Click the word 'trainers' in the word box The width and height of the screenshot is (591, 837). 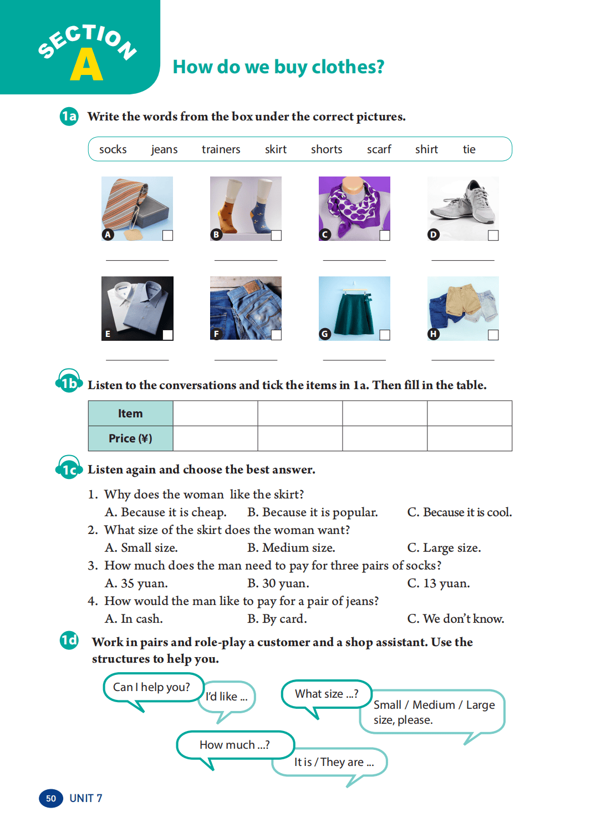click(x=221, y=149)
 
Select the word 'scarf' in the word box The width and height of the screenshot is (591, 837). click(x=379, y=149)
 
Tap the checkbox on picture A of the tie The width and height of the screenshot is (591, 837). click(x=167, y=235)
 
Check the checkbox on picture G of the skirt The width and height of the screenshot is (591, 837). click(x=385, y=335)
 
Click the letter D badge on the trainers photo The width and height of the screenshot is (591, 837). click(x=434, y=235)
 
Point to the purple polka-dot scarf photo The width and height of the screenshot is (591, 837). click(x=354, y=208)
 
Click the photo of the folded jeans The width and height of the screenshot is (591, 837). click(x=246, y=308)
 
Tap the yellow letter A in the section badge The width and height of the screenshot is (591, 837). click(x=86, y=65)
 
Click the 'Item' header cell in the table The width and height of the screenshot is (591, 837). click(x=130, y=414)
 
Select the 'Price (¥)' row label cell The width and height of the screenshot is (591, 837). click(x=130, y=438)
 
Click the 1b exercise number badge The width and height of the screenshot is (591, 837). click(x=69, y=383)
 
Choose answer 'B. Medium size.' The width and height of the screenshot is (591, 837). click(x=291, y=548)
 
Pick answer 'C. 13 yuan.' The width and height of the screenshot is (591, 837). click(x=438, y=583)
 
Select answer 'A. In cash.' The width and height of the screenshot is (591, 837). click(x=134, y=619)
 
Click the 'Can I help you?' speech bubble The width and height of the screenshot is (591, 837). click(x=151, y=687)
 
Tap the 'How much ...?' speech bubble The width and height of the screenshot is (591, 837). click(x=235, y=745)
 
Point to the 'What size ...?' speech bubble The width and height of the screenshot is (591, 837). click(x=327, y=694)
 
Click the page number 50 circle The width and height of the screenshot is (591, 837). click(x=51, y=798)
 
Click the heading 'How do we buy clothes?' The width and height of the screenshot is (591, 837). click(x=278, y=67)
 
